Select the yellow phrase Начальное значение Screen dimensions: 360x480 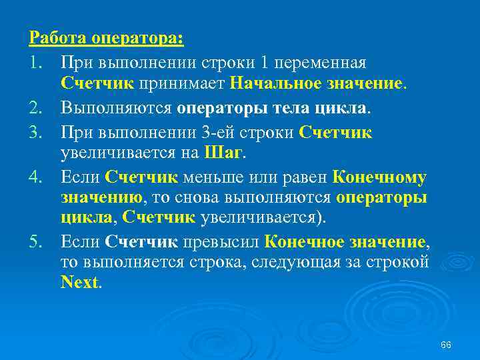[x=317, y=84]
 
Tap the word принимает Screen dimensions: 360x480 [x=181, y=84]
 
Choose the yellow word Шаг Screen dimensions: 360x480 [x=222, y=153]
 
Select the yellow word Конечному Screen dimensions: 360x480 [x=379, y=177]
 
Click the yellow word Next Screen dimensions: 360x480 [x=79, y=283]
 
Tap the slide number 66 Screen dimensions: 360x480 [x=447, y=345]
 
